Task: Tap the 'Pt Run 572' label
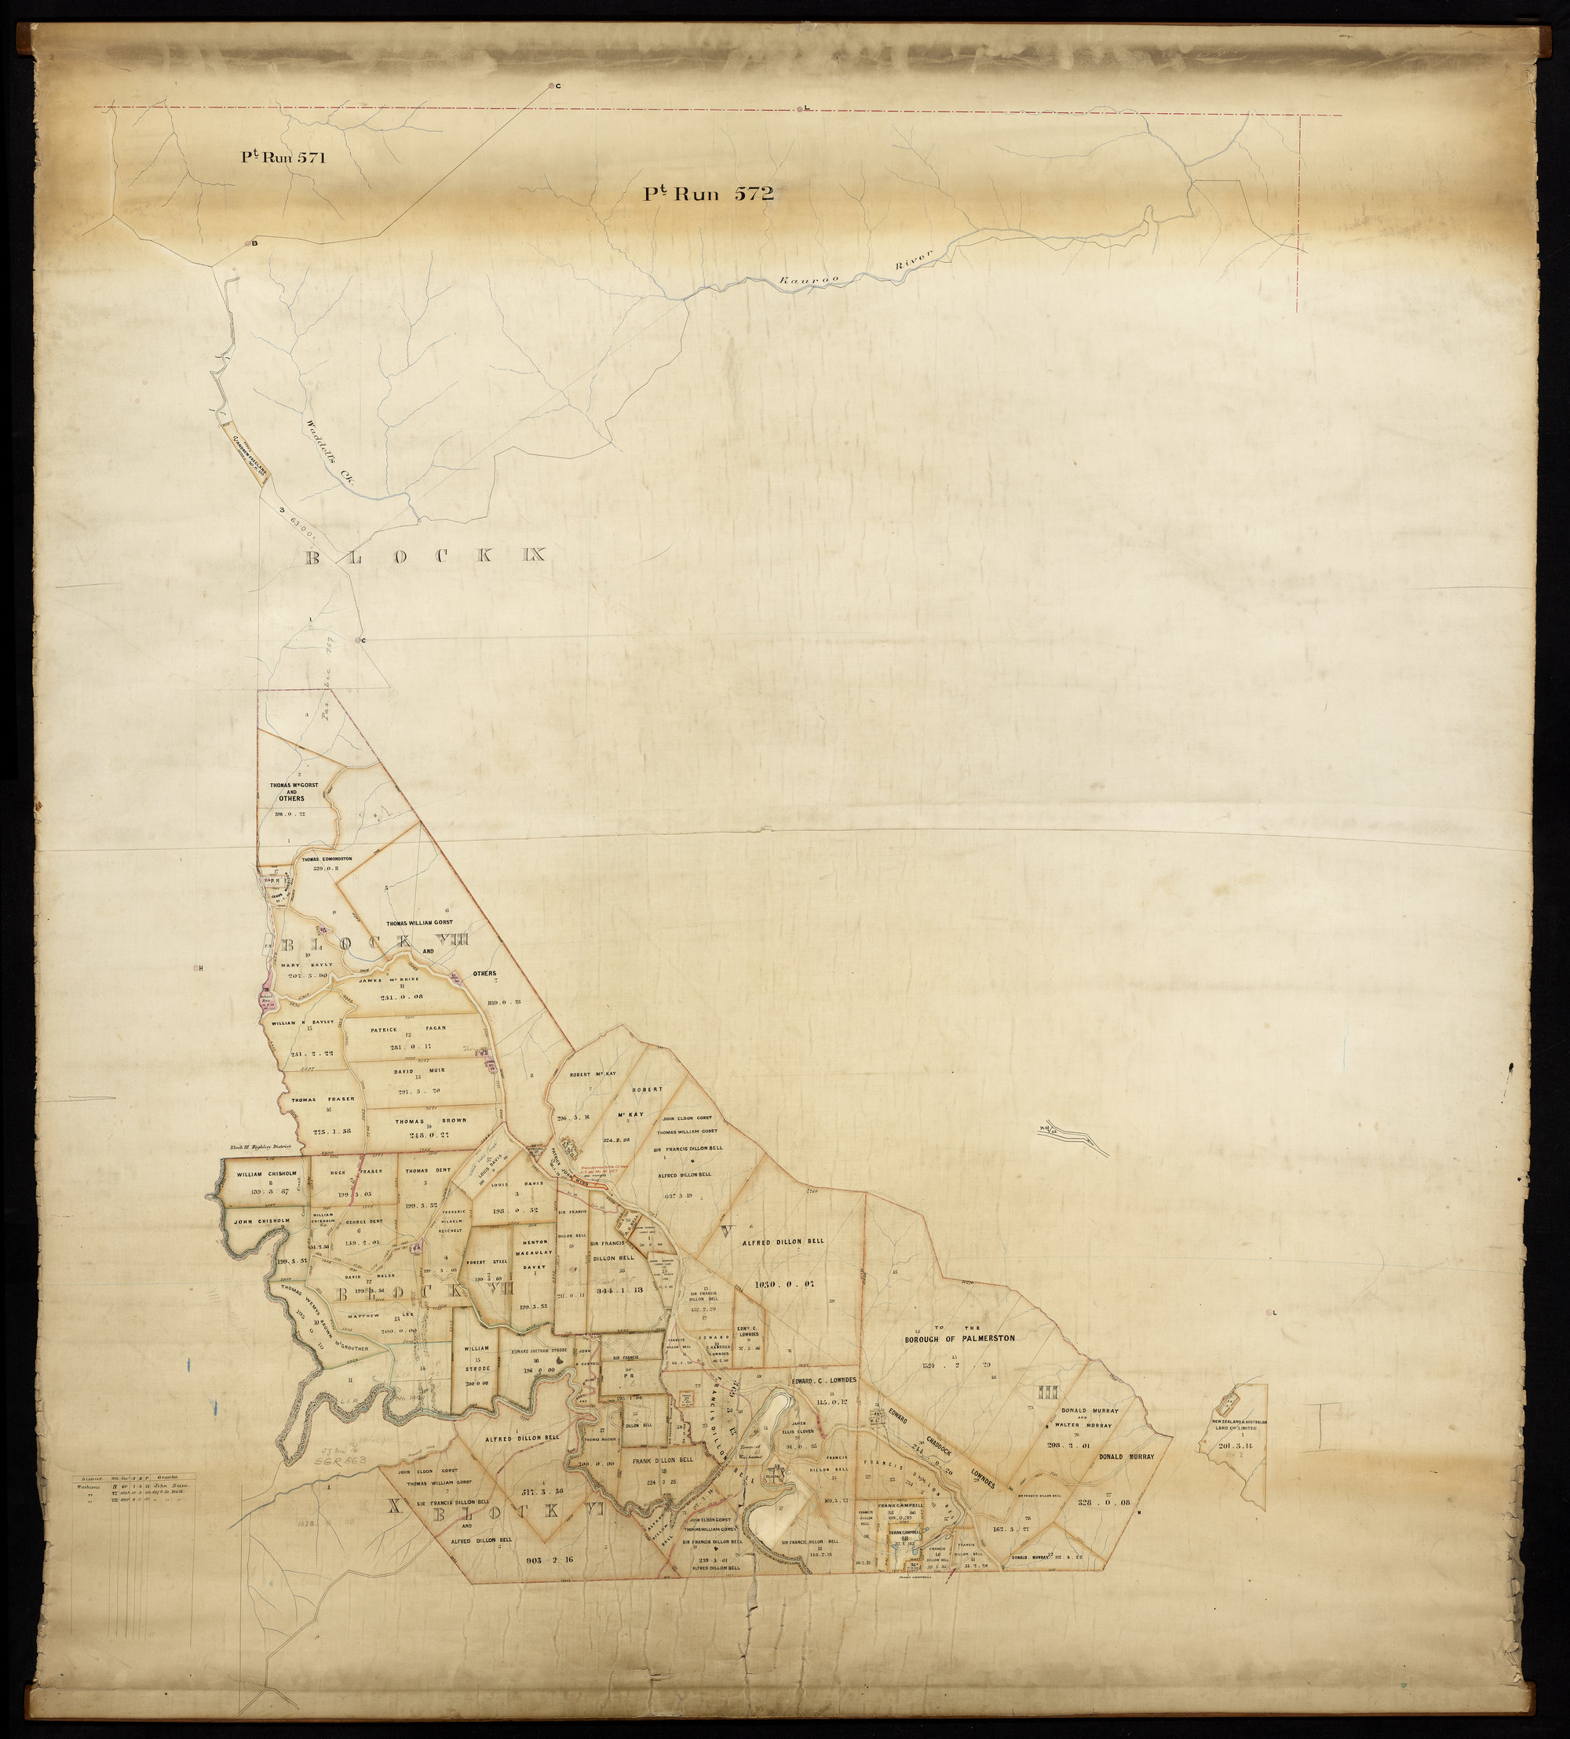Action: pos(707,194)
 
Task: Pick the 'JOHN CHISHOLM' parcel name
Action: pos(260,1222)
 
